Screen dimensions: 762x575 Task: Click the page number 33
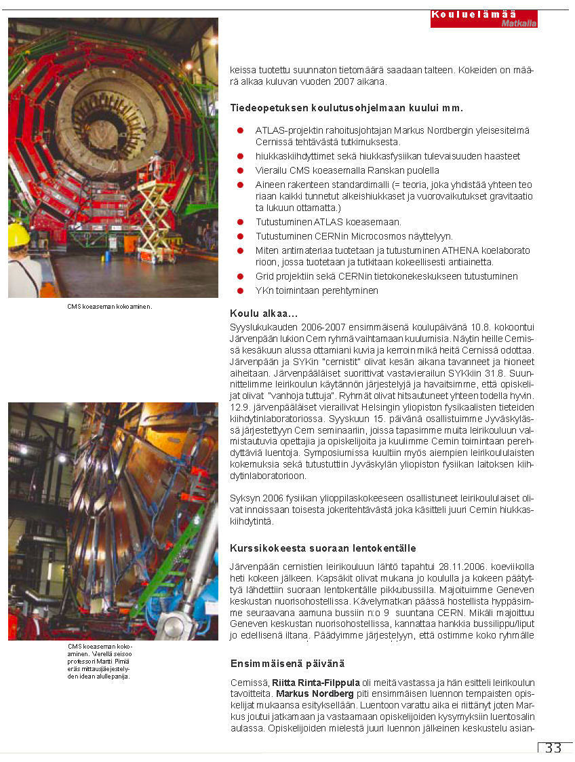click(x=553, y=748)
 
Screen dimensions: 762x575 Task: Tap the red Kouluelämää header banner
click(x=483, y=18)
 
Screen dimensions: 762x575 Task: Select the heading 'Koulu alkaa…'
click(x=264, y=313)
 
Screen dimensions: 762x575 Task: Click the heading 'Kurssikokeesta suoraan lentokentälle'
click(x=323, y=548)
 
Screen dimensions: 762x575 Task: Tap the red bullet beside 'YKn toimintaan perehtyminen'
click(x=240, y=290)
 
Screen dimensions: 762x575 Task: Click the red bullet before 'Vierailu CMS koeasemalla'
click(x=240, y=170)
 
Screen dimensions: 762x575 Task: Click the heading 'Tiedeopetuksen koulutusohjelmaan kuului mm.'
click(x=346, y=108)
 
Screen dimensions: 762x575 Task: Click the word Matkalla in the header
click(x=519, y=23)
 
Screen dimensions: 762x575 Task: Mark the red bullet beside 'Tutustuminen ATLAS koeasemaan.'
click(x=240, y=222)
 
